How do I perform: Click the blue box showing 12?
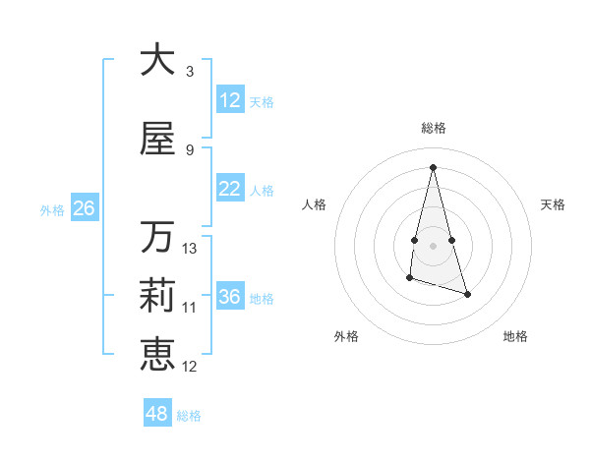click(230, 100)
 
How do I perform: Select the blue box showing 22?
click(230, 189)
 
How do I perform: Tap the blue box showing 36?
click(230, 297)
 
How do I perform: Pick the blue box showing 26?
click(84, 208)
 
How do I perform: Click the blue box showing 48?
click(157, 414)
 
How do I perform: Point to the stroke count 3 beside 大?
click(190, 72)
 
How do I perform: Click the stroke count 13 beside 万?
click(190, 249)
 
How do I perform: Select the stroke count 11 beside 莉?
click(190, 308)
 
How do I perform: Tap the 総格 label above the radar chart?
click(434, 128)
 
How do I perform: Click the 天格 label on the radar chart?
click(554, 204)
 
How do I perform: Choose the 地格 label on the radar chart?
click(515, 336)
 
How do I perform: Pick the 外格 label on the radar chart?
click(346, 336)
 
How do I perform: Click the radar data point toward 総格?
click(434, 167)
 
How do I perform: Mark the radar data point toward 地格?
click(468, 294)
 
